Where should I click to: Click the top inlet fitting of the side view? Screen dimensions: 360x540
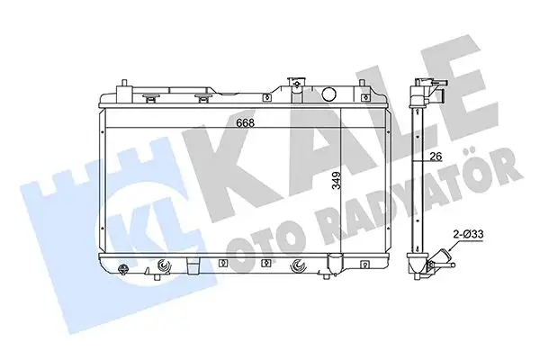428,88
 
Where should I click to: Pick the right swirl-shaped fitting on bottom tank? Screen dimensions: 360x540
300,265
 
